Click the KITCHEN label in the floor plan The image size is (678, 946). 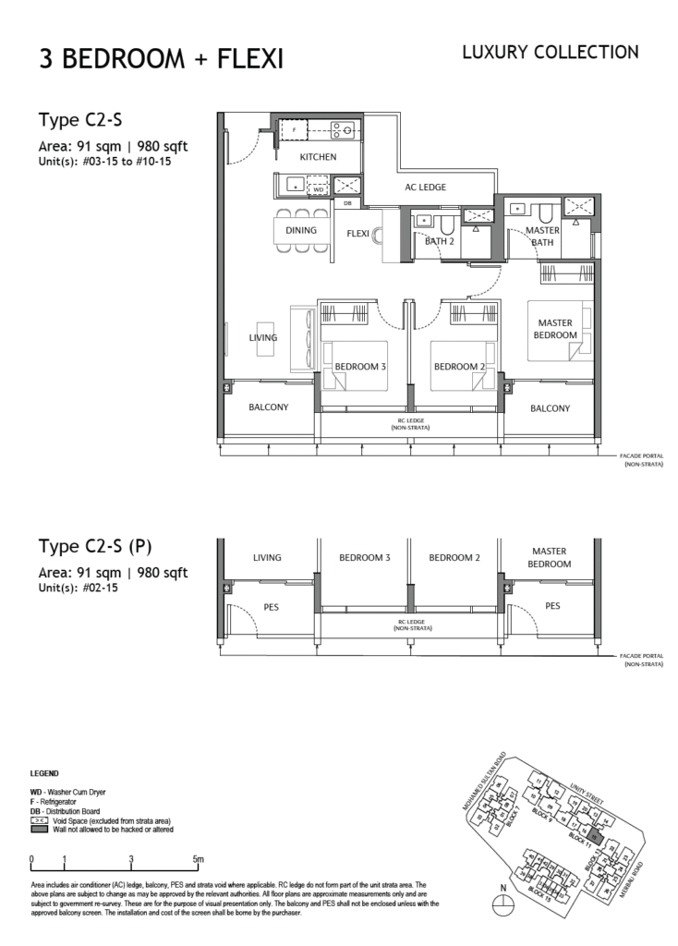tap(318, 157)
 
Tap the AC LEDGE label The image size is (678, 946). tap(425, 188)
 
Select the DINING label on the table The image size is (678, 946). tap(301, 231)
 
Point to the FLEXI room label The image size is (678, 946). tap(357, 234)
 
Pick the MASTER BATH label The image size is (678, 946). tap(542, 236)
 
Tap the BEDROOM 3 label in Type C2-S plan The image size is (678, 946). tap(359, 367)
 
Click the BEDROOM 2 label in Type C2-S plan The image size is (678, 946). tap(459, 367)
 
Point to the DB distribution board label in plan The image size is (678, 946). tap(347, 203)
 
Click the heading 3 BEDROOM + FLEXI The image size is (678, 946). tap(161, 59)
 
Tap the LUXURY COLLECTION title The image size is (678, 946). tap(550, 53)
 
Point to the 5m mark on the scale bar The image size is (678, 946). tap(199, 860)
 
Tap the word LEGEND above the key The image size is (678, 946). tap(45, 773)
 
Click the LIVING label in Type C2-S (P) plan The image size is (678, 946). tap(267, 558)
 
